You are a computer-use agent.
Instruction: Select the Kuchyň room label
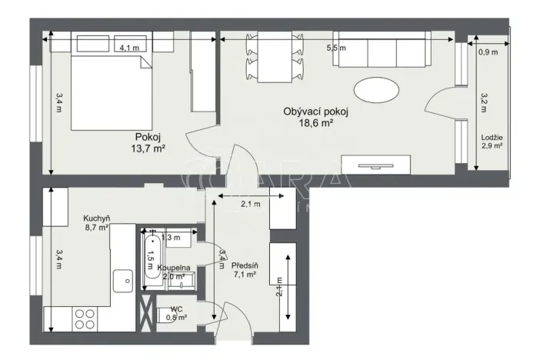97,218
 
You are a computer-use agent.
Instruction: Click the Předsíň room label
245,266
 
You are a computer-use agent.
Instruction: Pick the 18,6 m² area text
316,123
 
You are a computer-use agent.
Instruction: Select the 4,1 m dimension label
129,48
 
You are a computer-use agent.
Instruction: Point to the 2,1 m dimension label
251,204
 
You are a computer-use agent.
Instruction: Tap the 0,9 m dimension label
488,53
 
